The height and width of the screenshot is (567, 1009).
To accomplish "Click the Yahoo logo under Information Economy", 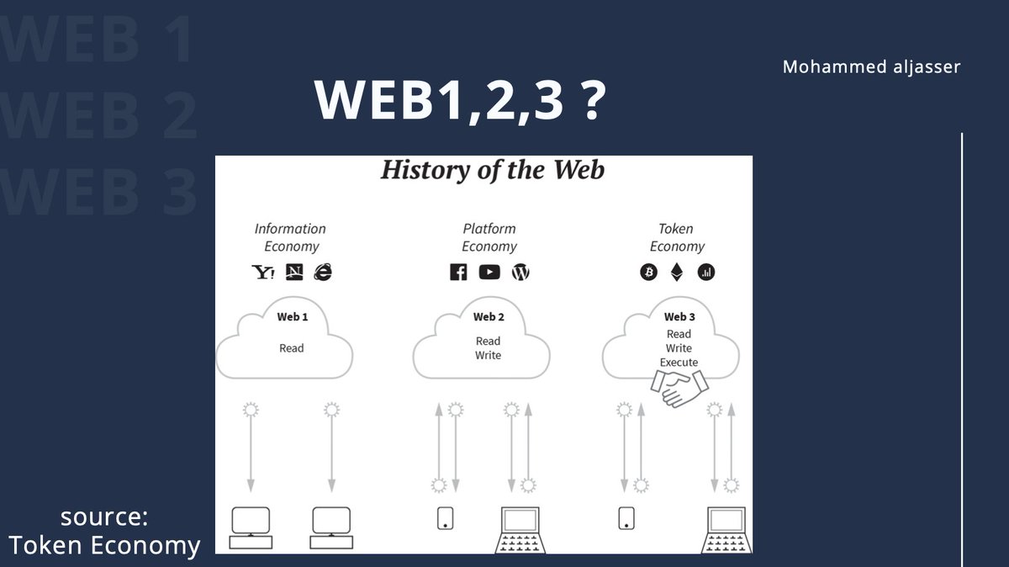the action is (263, 272).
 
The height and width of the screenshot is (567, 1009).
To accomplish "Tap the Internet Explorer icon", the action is (323, 272).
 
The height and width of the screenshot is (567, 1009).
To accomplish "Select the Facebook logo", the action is (458, 272).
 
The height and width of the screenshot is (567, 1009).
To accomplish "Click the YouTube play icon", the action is (489, 272).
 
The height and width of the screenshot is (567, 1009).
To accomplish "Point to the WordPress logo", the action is (521, 272).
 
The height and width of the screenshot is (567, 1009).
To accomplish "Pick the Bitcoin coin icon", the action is (648, 272).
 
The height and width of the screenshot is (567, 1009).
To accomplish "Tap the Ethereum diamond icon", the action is (677, 272).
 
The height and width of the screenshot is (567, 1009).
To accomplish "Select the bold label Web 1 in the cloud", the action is (292, 317).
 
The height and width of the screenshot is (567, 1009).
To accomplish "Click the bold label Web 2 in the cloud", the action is (489, 317).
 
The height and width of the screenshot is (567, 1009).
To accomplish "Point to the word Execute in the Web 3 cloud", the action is (679, 363).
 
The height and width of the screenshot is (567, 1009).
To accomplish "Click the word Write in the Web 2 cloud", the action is (488, 356).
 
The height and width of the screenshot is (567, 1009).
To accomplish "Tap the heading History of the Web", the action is (492, 170).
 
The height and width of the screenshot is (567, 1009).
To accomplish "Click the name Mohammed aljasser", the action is (871, 66).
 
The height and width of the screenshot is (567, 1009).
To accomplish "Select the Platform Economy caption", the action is (489, 237).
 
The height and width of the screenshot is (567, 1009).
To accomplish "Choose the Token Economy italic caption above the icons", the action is (677, 237).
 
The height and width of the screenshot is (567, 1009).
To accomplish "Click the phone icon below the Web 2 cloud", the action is (446, 518).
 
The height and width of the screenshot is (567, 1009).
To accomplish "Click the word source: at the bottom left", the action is (103, 517).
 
